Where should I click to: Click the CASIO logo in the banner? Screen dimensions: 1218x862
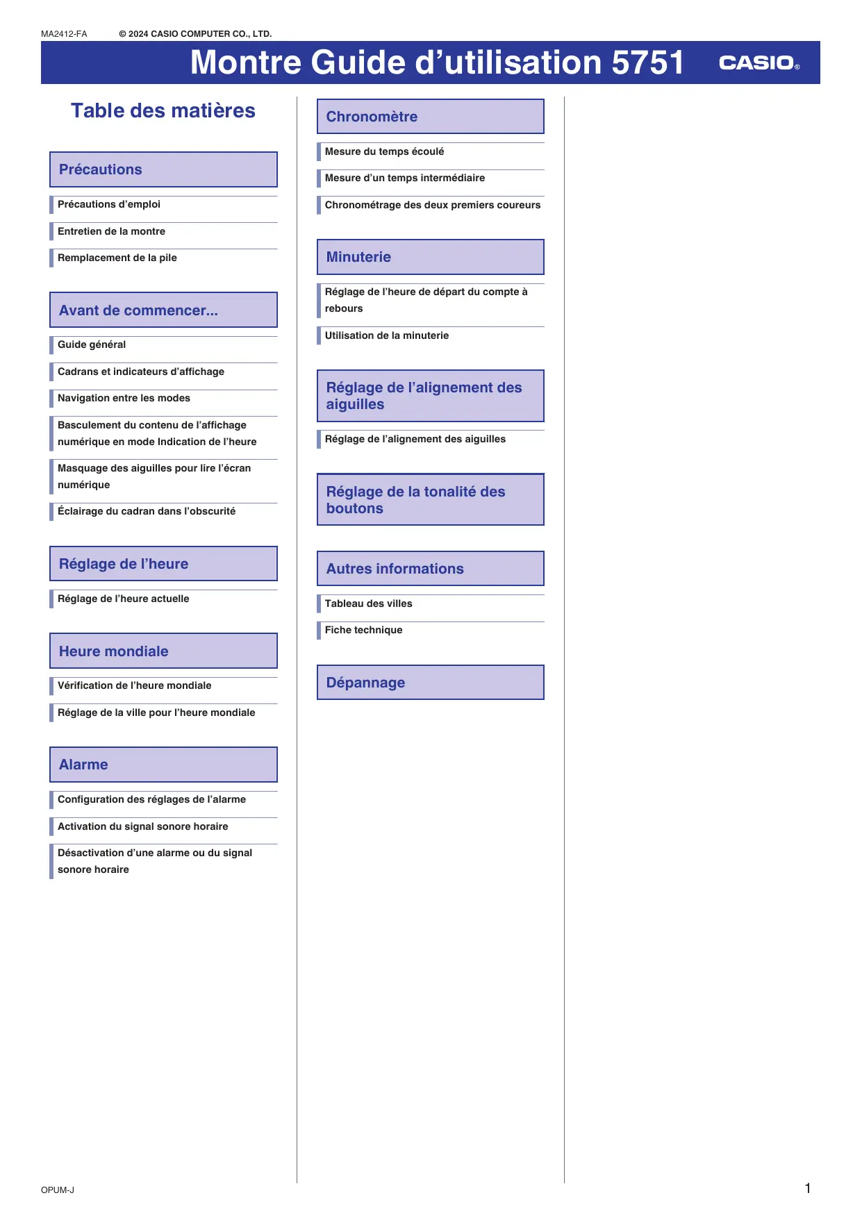(759, 63)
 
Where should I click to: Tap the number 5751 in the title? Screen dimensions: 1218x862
(647, 62)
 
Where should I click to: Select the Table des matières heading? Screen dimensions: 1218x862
(163, 111)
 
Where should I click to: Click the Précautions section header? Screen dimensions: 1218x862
(163, 169)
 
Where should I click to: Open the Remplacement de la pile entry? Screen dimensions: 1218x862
(117, 258)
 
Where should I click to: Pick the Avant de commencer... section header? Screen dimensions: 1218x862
(163, 310)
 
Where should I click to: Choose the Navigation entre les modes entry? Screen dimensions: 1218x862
(124, 399)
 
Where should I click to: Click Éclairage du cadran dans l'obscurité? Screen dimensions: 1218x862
(147, 512)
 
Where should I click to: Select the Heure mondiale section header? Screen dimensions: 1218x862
(163, 651)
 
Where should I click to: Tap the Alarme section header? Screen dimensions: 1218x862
(163, 765)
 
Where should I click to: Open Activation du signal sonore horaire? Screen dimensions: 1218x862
(143, 827)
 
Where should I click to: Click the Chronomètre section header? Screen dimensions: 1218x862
(430, 117)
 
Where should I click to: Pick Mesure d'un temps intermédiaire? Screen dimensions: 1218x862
(405, 178)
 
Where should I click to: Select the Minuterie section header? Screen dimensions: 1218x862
(430, 257)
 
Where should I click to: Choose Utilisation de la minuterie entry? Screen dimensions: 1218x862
(387, 336)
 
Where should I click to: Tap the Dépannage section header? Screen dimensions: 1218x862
(430, 683)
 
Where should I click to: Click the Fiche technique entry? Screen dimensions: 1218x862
(364, 631)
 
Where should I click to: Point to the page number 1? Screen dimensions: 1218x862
(808, 1188)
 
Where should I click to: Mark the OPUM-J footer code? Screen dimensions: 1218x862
(58, 1190)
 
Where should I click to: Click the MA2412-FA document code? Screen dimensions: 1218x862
(64, 34)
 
